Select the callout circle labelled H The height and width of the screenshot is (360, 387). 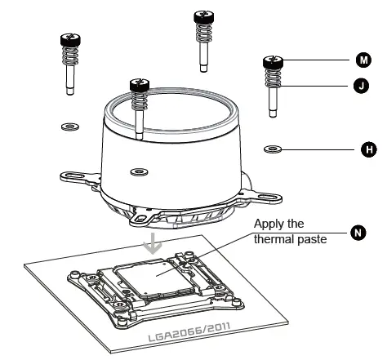(368, 149)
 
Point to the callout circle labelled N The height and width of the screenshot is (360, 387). (356, 233)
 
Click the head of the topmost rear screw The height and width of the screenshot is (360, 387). (202, 16)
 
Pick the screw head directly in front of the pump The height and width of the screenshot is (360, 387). (139, 83)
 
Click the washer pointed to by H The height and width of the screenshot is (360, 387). (273, 149)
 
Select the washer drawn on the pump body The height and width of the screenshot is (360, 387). (139, 171)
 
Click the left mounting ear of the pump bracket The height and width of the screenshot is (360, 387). (69, 175)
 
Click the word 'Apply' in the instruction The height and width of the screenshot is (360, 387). (269, 224)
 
